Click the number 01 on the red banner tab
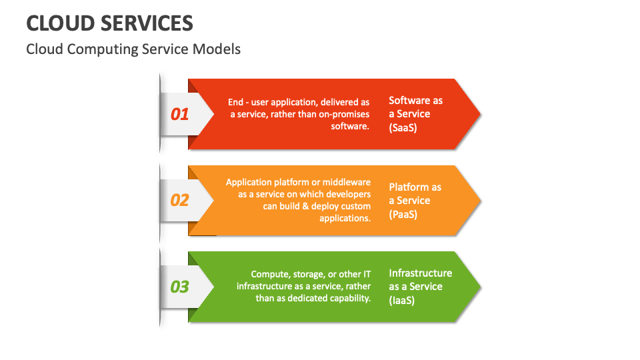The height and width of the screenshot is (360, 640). (x=179, y=114)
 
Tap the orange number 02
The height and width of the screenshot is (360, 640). (x=179, y=201)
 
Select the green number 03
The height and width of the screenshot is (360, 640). (x=179, y=287)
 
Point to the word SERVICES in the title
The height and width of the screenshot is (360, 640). (x=147, y=23)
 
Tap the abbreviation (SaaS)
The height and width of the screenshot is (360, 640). (x=403, y=128)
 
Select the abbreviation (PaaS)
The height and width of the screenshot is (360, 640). (x=403, y=214)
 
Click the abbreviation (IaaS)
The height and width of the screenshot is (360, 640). (x=401, y=301)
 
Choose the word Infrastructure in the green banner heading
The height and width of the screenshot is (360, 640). (x=421, y=273)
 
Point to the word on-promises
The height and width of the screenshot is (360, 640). (x=344, y=114)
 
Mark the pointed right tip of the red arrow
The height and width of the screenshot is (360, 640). (x=481, y=114)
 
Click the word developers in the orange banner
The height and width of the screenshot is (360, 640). (x=349, y=194)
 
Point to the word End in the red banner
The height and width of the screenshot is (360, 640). (x=235, y=102)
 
